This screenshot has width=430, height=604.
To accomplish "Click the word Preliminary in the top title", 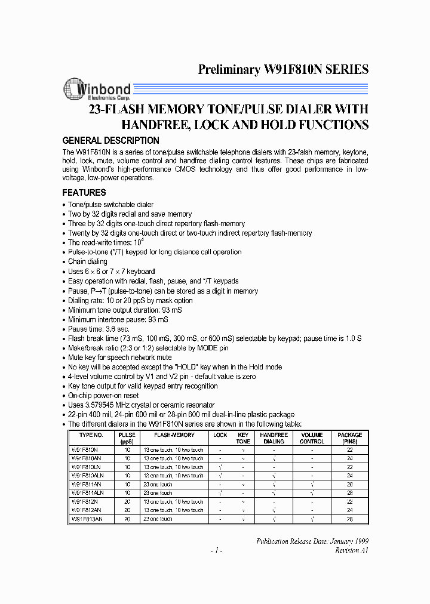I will (229, 70).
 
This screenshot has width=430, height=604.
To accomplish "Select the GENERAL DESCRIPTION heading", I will (111, 141).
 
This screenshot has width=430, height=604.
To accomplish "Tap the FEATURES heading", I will (84, 193).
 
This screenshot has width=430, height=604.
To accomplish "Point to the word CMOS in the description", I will (185, 170).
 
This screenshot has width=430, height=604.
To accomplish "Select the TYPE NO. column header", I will (88, 435).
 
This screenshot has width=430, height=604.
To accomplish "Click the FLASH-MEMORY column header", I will (174, 435).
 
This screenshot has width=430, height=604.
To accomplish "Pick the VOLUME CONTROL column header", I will (312, 438).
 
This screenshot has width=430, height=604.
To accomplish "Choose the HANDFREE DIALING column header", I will (274, 438).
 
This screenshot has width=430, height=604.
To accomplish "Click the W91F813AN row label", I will (88, 519).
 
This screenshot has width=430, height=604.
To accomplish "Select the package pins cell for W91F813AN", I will (349, 519).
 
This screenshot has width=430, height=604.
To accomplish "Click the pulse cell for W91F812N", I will (127, 502).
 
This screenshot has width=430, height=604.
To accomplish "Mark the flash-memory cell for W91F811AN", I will (158, 485).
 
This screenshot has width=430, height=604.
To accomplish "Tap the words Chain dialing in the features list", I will (88, 261).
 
